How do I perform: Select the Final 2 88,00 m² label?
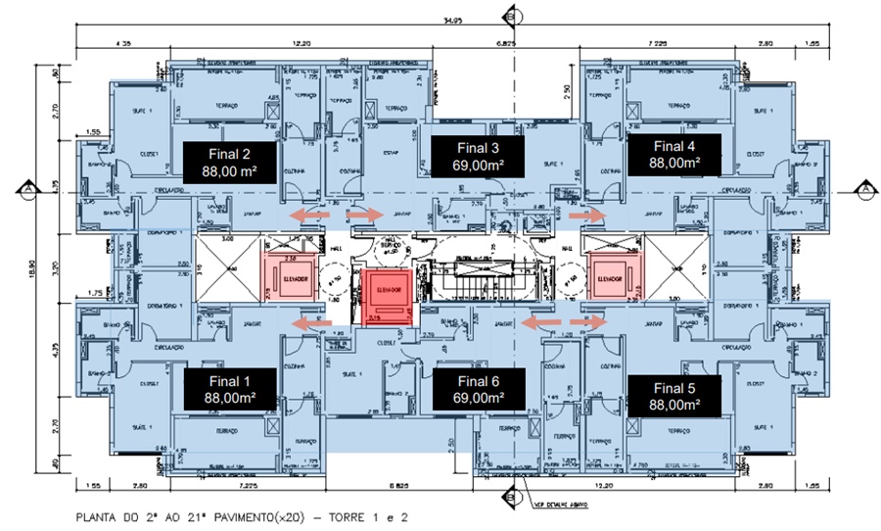pyautogui.click(x=227, y=160)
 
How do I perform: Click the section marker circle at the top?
pyautogui.click(x=509, y=14)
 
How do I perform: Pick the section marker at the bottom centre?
pyautogui.click(x=507, y=496)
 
